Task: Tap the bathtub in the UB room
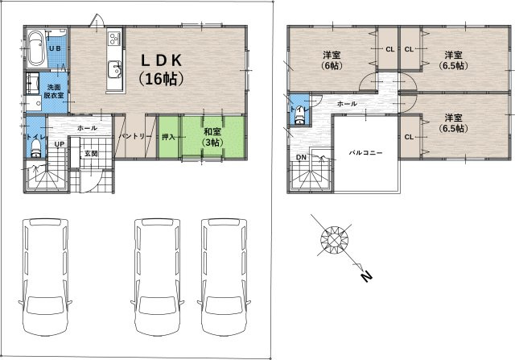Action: [x=35, y=48]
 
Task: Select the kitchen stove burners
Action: [x=114, y=38]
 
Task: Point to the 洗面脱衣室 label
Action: [x=54, y=91]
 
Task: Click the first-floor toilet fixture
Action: [x=35, y=149]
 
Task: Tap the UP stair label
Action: [x=60, y=144]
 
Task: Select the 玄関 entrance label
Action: [x=91, y=153]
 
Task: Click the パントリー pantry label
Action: [x=134, y=136]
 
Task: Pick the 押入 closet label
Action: [x=168, y=137]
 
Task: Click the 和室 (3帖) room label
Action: [x=212, y=137]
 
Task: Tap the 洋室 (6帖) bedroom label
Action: [x=332, y=60]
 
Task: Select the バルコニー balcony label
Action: [x=366, y=153]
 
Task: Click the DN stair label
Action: [x=301, y=157]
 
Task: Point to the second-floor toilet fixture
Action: [x=299, y=115]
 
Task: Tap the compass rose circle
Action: [x=334, y=240]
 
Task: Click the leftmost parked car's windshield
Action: [x=45, y=305]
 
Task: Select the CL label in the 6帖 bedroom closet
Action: [x=389, y=49]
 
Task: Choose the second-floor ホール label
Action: [x=347, y=104]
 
